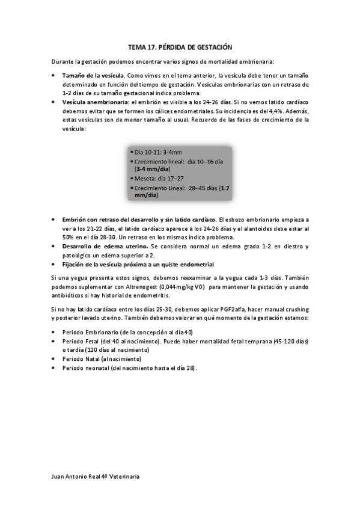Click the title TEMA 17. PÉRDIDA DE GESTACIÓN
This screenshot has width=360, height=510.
180,46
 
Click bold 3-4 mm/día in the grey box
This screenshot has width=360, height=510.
152,170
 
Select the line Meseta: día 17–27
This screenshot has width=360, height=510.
160,179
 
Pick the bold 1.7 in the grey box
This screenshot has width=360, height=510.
225,188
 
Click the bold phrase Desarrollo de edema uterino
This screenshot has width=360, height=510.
106,247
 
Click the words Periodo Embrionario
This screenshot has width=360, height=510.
88,333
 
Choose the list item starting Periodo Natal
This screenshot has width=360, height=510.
102,359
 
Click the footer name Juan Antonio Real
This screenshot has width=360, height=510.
77,476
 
